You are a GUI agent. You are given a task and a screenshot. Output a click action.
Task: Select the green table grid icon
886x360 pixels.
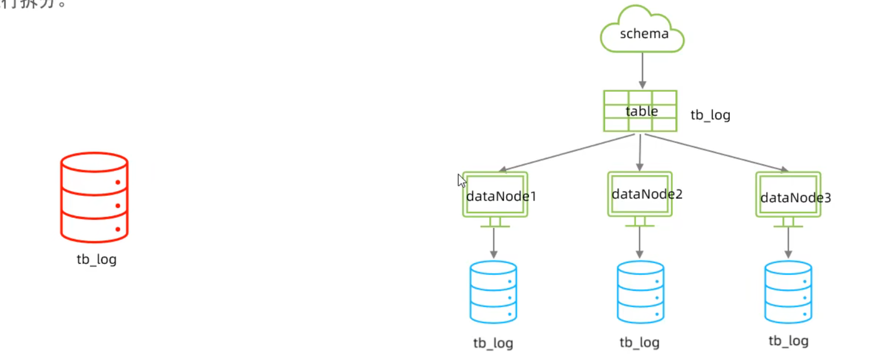tap(640, 111)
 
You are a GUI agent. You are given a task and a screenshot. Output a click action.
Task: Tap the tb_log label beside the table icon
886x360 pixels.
tap(710, 115)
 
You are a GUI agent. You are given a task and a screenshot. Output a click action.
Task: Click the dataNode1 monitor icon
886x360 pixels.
tap(495, 196)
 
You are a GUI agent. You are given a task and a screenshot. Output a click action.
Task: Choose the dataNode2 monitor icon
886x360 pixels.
tap(640, 194)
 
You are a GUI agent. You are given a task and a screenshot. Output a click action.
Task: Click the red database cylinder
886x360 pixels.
tap(95, 197)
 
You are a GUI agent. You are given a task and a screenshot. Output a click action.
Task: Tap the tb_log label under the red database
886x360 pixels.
tap(97, 259)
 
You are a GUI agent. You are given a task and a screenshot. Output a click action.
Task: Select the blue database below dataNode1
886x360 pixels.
tap(494, 292)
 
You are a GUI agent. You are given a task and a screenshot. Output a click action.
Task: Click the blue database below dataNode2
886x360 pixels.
tap(640, 292)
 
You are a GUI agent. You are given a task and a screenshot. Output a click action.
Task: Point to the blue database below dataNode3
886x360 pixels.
tap(788, 292)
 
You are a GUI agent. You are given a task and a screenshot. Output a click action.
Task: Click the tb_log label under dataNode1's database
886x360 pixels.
tap(493, 343)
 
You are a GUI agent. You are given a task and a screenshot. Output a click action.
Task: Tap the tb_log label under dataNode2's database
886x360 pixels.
tap(639, 342)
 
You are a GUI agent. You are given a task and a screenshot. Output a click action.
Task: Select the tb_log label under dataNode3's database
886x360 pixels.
tap(788, 341)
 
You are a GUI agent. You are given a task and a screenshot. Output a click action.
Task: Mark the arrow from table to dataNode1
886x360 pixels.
tap(566, 153)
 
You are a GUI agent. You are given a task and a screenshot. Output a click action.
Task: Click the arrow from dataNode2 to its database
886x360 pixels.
tap(640, 242)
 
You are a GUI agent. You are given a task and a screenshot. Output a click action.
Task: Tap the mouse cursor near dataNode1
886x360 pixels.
tap(461, 180)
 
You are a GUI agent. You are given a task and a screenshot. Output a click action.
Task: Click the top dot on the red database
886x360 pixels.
tap(118, 182)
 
